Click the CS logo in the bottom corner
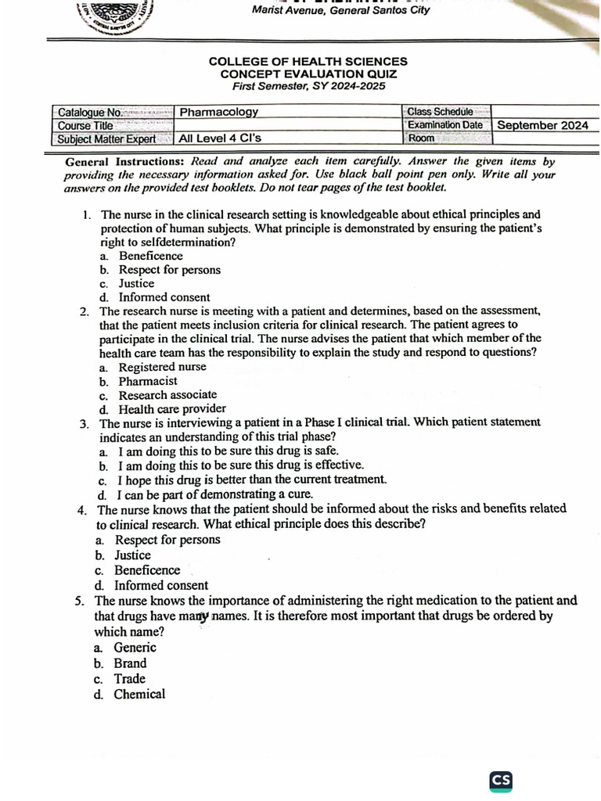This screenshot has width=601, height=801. (501, 780)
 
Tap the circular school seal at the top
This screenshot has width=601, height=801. (118, 16)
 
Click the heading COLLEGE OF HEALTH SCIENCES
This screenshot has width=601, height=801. (308, 61)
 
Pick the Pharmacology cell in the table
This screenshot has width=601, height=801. (219, 112)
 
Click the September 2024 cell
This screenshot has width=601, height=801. (543, 125)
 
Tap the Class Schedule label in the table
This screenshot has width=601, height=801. (440, 112)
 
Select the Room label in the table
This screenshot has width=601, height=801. (421, 138)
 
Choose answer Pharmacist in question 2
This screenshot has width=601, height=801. (148, 381)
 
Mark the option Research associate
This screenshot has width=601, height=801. (167, 395)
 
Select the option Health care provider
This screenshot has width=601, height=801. (172, 408)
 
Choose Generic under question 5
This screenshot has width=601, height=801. (135, 648)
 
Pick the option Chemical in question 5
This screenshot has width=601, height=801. (139, 695)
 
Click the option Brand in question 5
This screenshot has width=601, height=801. (130, 663)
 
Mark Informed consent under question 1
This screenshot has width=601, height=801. (164, 297)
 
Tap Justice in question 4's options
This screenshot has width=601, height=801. (132, 555)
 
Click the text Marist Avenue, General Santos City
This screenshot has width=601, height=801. (340, 11)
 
